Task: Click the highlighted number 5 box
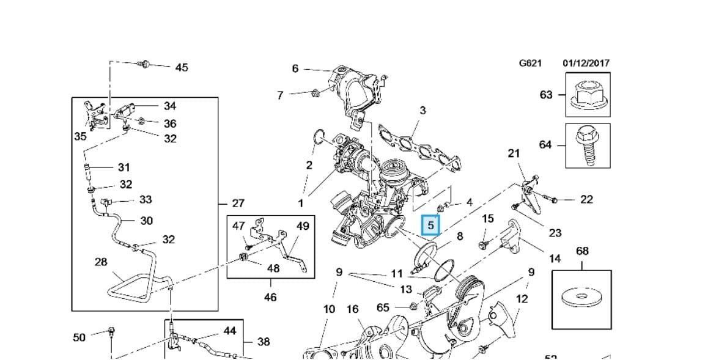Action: pyautogui.click(x=430, y=226)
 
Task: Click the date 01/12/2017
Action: pyautogui.click(x=585, y=63)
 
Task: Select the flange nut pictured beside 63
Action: pyautogui.click(x=587, y=95)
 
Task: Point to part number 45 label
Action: pyautogui.click(x=182, y=67)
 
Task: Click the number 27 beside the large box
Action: pyautogui.click(x=238, y=204)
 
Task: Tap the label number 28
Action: pyautogui.click(x=101, y=262)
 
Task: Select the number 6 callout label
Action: pyautogui.click(x=295, y=68)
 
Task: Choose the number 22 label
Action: pyautogui.click(x=586, y=199)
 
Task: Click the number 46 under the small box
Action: pyautogui.click(x=270, y=297)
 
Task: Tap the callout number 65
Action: pyautogui.click(x=383, y=307)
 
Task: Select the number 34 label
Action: pyautogui.click(x=169, y=106)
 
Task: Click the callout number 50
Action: pyautogui.click(x=79, y=337)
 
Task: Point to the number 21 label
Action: pyautogui.click(x=514, y=153)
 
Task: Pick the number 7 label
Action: pyautogui.click(x=280, y=95)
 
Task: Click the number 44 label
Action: pyautogui.click(x=229, y=331)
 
